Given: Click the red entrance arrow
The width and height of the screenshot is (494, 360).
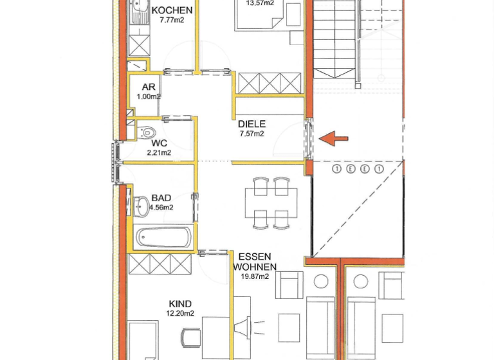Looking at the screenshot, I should (x=334, y=138).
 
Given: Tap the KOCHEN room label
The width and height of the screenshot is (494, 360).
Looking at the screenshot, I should (x=172, y=10).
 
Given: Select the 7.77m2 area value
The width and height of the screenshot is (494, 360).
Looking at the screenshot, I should (x=172, y=20).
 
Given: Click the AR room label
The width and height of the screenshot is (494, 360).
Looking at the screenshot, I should (x=149, y=87).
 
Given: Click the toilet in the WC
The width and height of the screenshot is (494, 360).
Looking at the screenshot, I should (x=145, y=132).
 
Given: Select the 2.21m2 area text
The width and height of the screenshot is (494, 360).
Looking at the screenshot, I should (x=159, y=153).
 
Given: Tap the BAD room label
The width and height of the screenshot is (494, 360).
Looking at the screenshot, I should (x=161, y=198).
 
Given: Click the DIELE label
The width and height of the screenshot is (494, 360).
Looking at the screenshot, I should (x=252, y=124).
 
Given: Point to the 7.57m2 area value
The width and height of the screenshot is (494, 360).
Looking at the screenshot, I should (x=252, y=134).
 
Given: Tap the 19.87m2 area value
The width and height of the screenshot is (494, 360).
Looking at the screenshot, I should (x=254, y=276).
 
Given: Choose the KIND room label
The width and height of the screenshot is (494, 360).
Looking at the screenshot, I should (x=180, y=304).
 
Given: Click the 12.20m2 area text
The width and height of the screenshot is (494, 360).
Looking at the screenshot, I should (x=180, y=314).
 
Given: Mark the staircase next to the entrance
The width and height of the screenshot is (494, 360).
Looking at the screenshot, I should (x=334, y=39).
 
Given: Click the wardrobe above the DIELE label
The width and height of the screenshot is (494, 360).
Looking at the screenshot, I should (x=270, y=83).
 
